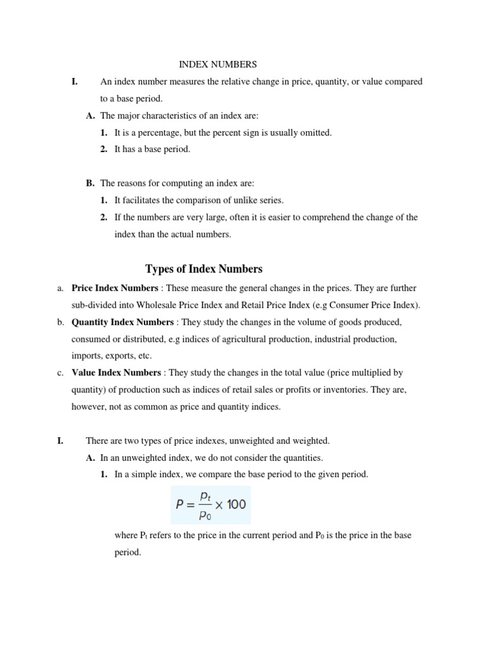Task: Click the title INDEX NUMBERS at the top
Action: [x=218, y=64]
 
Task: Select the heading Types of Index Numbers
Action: [x=204, y=269]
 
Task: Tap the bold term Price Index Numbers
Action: [x=115, y=288]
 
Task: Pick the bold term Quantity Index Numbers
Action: [x=122, y=322]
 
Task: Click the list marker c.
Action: [x=60, y=373]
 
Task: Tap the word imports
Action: [x=85, y=356]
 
